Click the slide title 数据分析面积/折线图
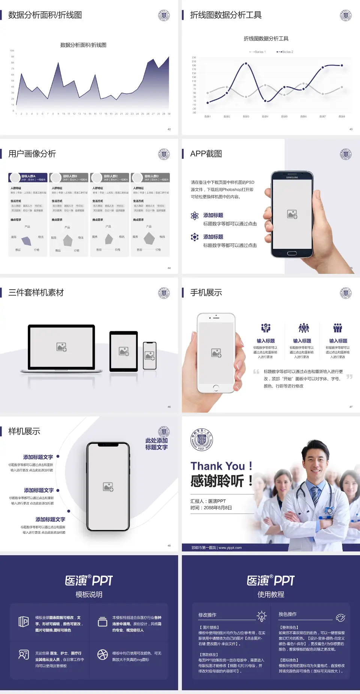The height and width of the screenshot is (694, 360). tap(45, 15)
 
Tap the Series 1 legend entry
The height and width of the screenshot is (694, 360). tap(258, 52)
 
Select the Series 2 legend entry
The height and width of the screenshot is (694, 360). tap(285, 52)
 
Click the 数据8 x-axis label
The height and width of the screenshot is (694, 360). tap(342, 117)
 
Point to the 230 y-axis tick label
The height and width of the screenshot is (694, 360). tap(194, 57)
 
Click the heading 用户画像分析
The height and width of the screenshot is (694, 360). tap(32, 154)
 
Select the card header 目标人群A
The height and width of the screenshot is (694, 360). tap(28, 176)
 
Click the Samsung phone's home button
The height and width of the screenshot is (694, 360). tap(292, 253)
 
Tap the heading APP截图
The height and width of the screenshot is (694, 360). tap(206, 154)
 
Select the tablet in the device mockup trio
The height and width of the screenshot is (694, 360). tap(124, 352)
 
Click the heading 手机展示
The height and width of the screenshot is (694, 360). tap(206, 293)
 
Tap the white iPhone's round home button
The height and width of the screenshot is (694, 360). tap(216, 388)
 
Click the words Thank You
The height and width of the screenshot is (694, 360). tap(217, 466)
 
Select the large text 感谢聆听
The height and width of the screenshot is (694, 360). tap(217, 481)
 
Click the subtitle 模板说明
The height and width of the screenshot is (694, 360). tap(89, 595)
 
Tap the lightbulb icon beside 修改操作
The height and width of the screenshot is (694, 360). tap(261, 616)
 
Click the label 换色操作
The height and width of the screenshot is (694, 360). tap(288, 614)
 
